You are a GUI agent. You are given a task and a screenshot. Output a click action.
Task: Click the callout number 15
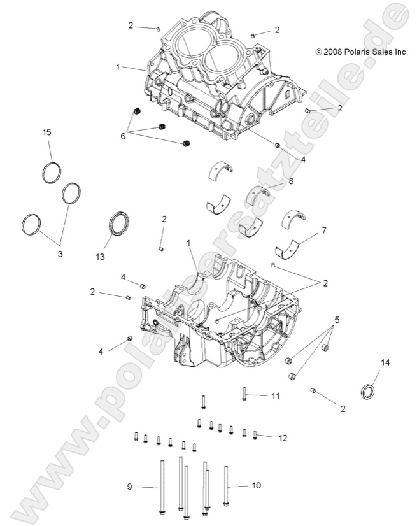click(46, 132)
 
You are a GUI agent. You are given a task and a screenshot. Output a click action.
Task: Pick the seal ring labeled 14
click(369, 392)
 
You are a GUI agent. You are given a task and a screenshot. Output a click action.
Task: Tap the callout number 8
click(291, 181)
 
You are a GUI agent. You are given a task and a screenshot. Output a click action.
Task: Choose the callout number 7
click(324, 230)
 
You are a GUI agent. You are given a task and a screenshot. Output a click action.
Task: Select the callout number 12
click(283, 437)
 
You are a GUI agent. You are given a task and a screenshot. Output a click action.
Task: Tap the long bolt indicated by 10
click(226, 487)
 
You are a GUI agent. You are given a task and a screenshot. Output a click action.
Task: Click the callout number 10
click(257, 486)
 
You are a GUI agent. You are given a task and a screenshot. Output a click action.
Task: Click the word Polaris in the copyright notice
click(361, 52)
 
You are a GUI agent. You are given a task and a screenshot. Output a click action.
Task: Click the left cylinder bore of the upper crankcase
click(189, 45)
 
